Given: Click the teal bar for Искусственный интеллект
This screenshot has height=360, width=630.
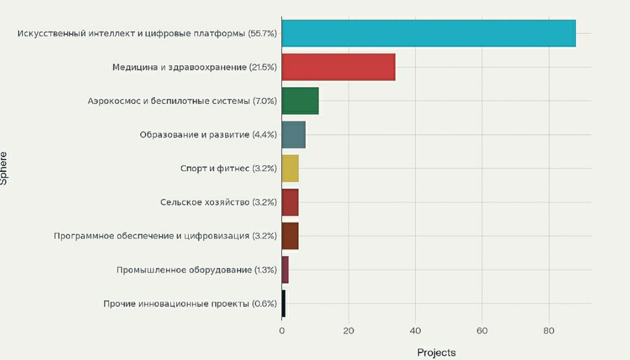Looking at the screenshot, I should click(x=428, y=33).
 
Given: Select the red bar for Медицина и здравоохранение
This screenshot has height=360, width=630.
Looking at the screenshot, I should click(x=339, y=67).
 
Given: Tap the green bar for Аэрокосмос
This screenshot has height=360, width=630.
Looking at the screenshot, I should click(x=300, y=101).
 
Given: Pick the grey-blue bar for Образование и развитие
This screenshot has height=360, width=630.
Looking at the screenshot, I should click(x=294, y=134).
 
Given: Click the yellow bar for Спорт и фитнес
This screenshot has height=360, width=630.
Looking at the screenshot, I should click(x=290, y=168).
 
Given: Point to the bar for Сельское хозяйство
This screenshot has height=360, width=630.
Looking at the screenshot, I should click(x=290, y=202).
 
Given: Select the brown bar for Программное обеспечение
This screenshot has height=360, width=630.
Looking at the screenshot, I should click(x=290, y=236).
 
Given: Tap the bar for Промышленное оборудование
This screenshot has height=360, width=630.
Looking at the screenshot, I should click(x=285, y=270).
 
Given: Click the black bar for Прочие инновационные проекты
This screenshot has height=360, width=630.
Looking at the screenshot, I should click(x=283, y=303).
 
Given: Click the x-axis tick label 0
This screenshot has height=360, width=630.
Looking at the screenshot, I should click(x=282, y=331).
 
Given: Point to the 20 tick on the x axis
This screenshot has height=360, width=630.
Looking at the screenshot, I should click(x=348, y=331).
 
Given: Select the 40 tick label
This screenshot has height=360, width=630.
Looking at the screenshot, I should click(x=415, y=331).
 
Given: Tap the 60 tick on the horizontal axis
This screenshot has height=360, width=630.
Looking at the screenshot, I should click(x=482, y=331).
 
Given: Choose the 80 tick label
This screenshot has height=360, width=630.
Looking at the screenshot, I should click(x=549, y=331).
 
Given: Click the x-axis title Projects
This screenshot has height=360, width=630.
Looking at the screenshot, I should click(x=436, y=353).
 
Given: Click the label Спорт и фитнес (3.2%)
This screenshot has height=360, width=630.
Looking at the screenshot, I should click(x=228, y=168).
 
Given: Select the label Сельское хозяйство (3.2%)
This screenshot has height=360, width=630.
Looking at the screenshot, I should click(x=219, y=202).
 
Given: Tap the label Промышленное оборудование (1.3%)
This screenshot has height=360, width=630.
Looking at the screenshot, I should click(x=196, y=270).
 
